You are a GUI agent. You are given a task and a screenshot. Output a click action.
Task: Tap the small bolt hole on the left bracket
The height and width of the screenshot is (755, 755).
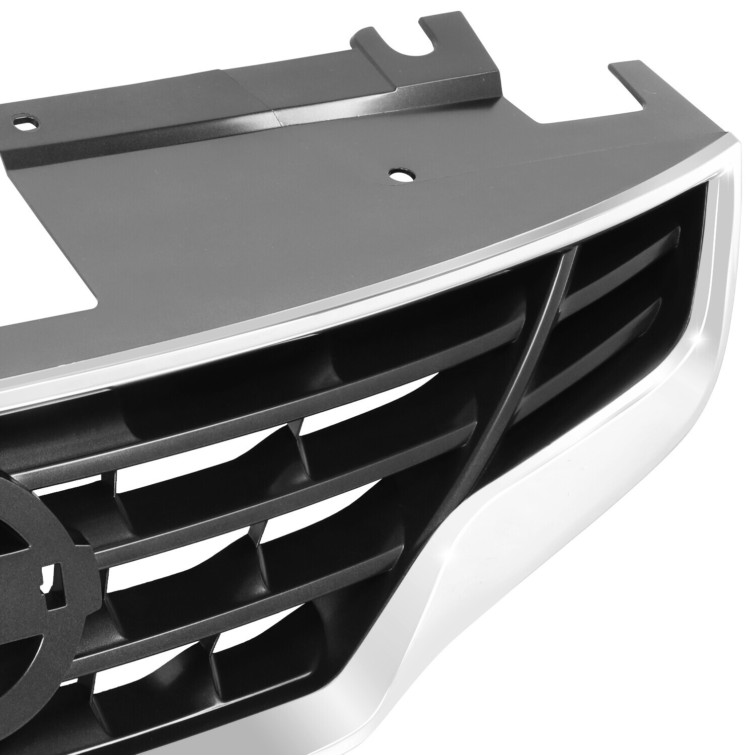(x=21, y=121)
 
